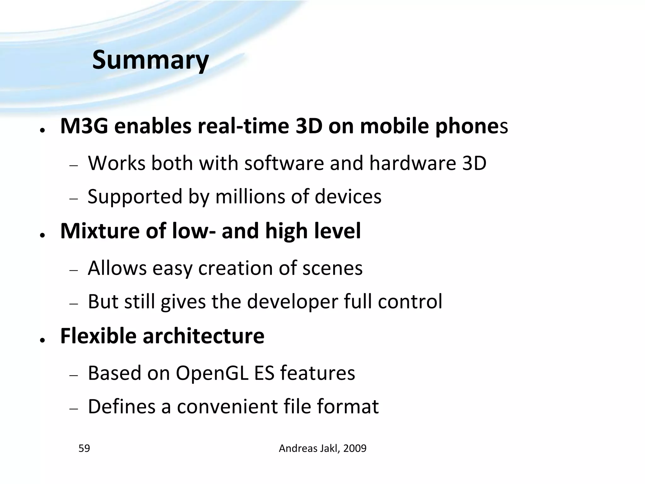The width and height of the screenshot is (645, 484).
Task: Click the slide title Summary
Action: (x=150, y=60)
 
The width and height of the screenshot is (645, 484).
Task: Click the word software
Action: (x=284, y=163)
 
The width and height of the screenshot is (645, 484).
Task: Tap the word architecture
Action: (x=203, y=336)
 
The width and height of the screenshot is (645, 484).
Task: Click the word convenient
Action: (x=227, y=406)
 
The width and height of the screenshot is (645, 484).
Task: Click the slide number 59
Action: (x=84, y=448)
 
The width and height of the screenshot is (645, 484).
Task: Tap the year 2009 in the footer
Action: (x=355, y=448)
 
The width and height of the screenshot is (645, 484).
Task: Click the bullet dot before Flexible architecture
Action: (x=42, y=340)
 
